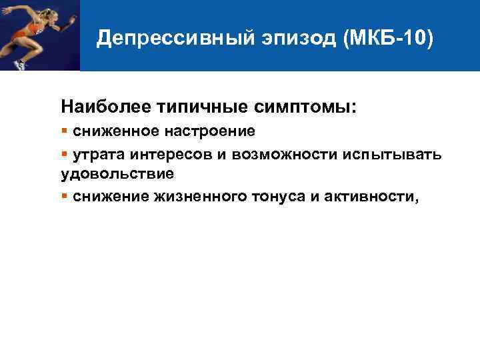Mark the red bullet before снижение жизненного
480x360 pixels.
pyautogui.click(x=64, y=195)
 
